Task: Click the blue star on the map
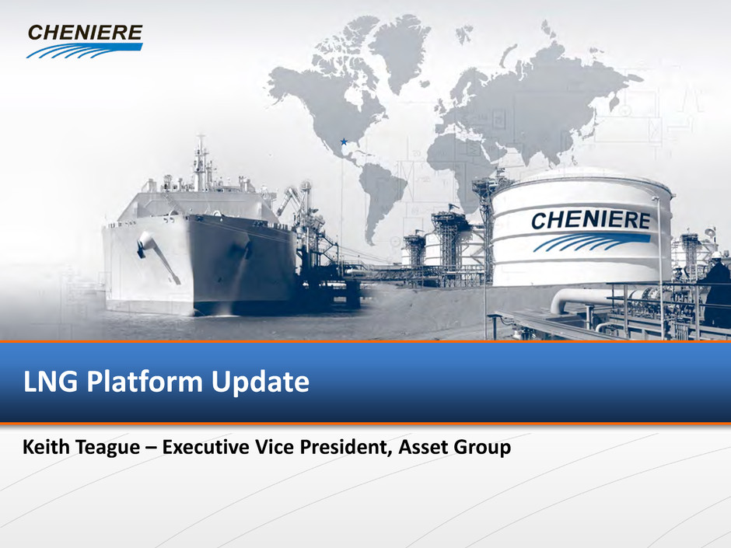coord(344,141)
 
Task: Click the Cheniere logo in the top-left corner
coord(85,41)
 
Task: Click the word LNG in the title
coord(51,382)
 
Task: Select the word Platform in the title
coord(145,382)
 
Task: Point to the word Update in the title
coord(261,383)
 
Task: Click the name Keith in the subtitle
coord(46,447)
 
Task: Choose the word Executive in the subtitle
coord(205,447)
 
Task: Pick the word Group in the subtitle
coord(482,449)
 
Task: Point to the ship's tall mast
coord(201,162)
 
